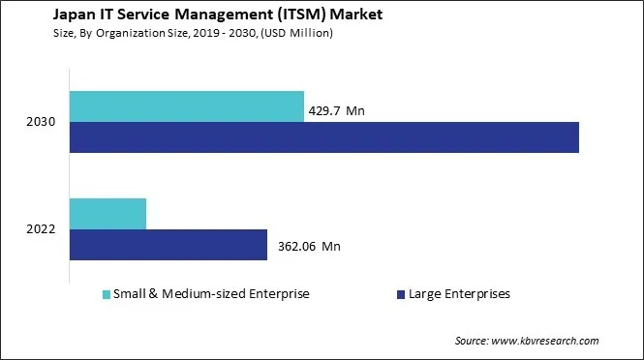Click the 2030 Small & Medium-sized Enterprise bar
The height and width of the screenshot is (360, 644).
186,106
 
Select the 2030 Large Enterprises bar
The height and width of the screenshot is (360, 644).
323,137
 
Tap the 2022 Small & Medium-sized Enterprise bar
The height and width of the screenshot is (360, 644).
107,214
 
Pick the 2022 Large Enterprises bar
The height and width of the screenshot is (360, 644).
168,245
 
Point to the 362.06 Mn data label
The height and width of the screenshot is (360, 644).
309,246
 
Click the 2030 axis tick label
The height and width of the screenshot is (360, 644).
42,122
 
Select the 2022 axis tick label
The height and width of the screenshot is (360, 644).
42,229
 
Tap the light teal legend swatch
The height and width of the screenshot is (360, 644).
106,294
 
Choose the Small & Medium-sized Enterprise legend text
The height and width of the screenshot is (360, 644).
211,294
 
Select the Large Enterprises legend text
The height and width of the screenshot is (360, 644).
460,294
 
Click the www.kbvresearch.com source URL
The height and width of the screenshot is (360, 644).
546,341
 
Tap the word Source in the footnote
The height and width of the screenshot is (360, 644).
472,341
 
